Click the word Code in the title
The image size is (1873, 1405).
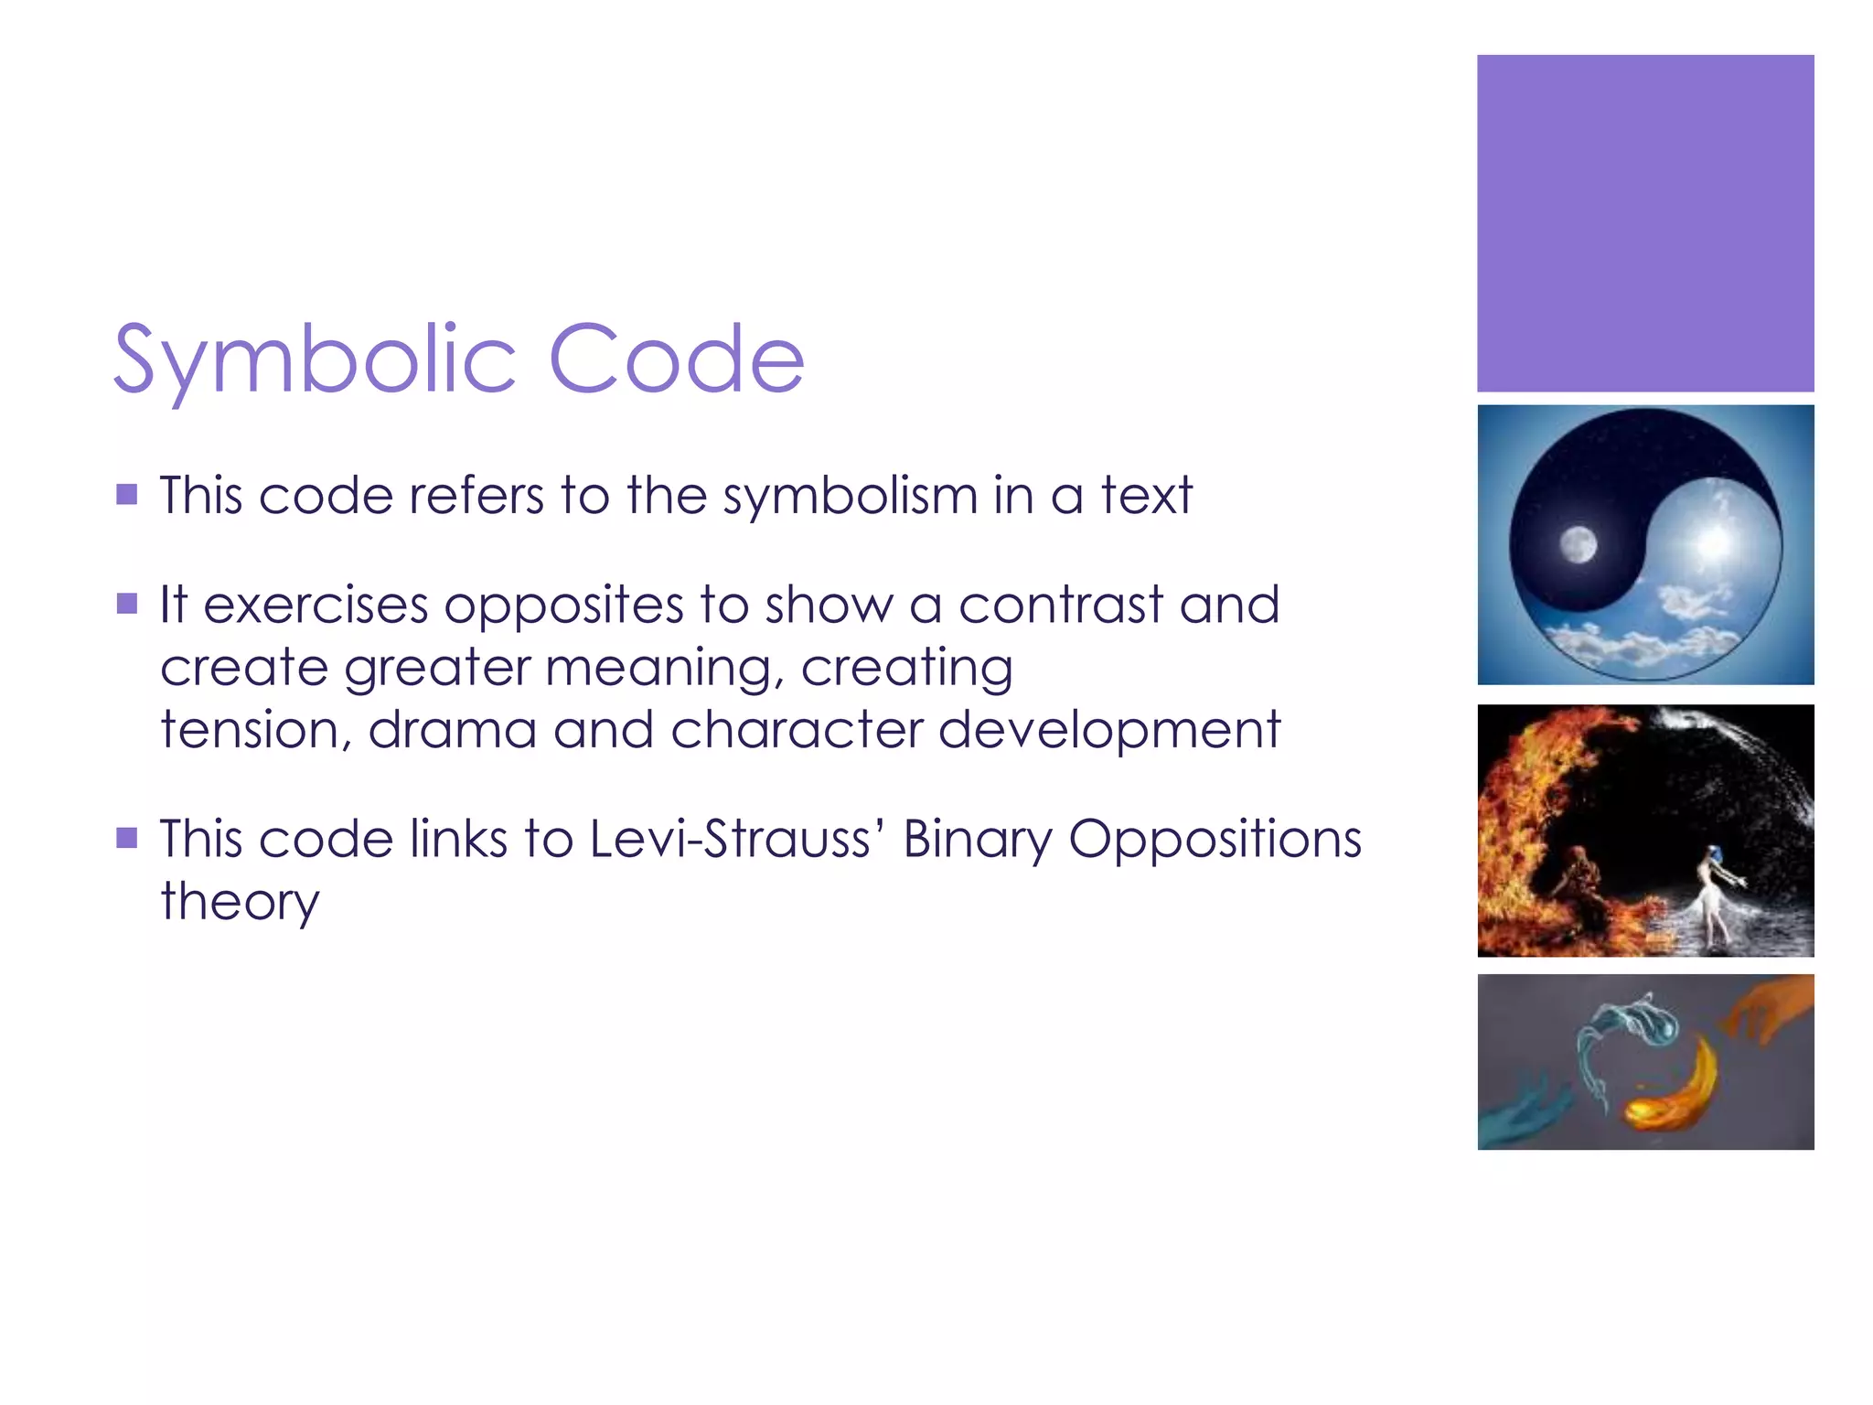(676, 359)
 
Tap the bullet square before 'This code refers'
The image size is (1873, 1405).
(127, 495)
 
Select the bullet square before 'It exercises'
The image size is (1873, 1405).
(127, 604)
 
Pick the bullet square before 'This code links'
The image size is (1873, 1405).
(127, 838)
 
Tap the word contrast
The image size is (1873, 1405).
(1061, 606)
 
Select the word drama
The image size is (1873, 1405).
(452, 730)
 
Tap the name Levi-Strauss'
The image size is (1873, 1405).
(735, 839)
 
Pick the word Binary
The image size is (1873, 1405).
(978, 841)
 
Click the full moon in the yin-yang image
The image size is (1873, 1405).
(1578, 545)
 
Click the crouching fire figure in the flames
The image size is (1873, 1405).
(1578, 883)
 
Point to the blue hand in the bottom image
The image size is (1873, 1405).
(1524, 1112)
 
